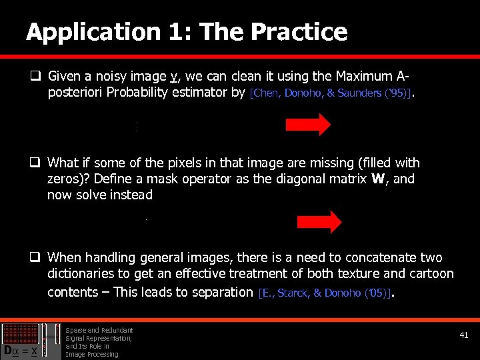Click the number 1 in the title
pyautogui.click(x=171, y=32)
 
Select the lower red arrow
pyautogui.click(x=319, y=222)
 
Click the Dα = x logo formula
pyautogui.click(x=19, y=350)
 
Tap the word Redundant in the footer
pyautogui.click(x=117, y=330)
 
